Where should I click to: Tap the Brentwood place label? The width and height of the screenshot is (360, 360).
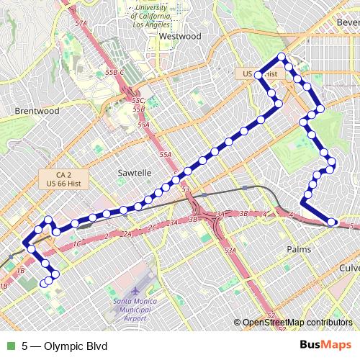(36, 112)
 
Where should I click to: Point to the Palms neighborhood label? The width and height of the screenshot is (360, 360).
(297, 248)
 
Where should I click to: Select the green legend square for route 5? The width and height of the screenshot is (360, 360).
(9, 346)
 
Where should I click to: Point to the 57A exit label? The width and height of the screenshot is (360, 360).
(81, 24)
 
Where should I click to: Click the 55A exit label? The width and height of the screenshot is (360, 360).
(166, 155)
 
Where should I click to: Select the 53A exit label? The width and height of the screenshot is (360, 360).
(230, 250)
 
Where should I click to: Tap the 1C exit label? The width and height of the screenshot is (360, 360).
(76, 243)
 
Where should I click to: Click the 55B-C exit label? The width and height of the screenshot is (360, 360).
(115, 73)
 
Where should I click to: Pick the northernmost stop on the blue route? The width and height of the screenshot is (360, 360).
(282, 57)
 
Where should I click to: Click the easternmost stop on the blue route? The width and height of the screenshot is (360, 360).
(332, 222)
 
